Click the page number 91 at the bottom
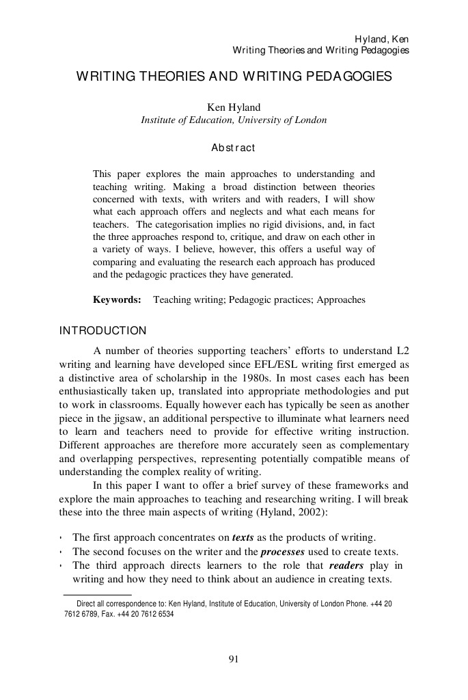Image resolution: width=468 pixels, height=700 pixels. [x=234, y=659]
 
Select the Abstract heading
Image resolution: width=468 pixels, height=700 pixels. [x=234, y=148]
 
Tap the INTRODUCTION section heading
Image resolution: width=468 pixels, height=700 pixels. [x=102, y=331]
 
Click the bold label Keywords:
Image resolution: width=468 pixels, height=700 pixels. [x=117, y=299]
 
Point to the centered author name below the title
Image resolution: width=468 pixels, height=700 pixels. [x=234, y=107]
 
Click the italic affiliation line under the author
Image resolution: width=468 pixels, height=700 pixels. [x=234, y=120]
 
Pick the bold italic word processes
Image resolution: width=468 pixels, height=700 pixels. [x=282, y=552]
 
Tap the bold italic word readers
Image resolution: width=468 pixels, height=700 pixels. [x=346, y=565]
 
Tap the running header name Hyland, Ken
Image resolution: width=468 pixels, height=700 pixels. [x=381, y=39]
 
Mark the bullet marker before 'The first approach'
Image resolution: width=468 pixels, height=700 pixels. [x=61, y=537]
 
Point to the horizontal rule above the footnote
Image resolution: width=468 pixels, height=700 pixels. [x=97, y=595]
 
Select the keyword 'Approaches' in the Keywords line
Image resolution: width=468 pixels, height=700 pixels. [x=341, y=299]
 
